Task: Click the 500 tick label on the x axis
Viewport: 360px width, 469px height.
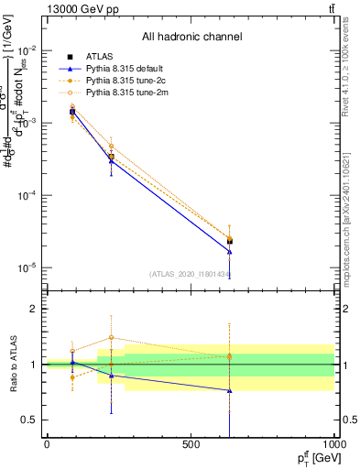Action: click(x=191, y=443)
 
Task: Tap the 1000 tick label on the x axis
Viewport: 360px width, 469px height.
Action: click(x=333, y=443)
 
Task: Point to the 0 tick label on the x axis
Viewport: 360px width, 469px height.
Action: click(x=47, y=443)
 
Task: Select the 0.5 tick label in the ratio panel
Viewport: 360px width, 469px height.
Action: click(x=30, y=420)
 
